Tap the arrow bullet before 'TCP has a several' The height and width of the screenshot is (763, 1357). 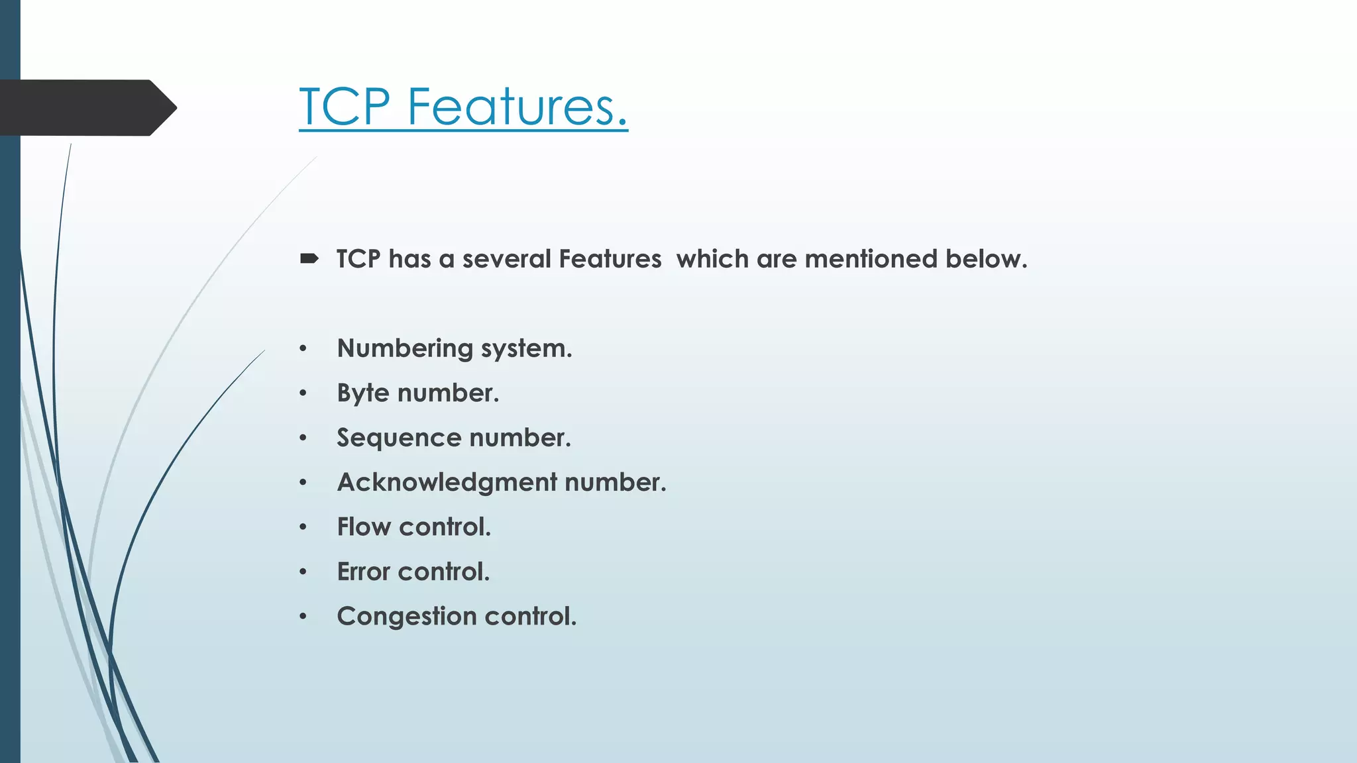(x=309, y=258)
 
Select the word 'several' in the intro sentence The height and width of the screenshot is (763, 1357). (x=506, y=259)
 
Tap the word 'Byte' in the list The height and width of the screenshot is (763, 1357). (x=363, y=393)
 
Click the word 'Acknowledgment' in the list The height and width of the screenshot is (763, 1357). (x=447, y=483)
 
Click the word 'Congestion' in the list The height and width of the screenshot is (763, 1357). (x=407, y=617)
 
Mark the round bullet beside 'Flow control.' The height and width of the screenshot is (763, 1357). (x=303, y=527)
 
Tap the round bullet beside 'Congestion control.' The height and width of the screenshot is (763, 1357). (x=303, y=617)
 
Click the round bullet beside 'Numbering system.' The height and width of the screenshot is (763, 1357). (x=303, y=348)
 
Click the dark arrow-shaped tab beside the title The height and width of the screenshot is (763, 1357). (x=86, y=107)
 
